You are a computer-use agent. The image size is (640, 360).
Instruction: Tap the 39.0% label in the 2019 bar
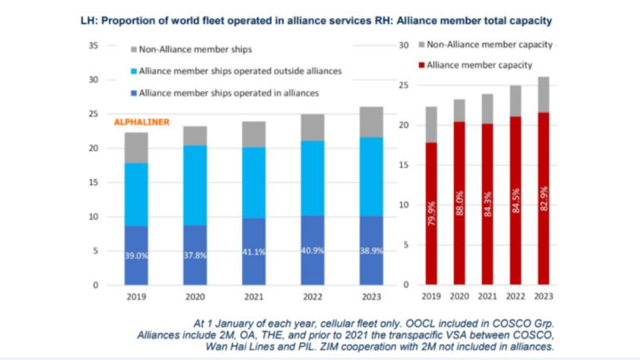point(137,256)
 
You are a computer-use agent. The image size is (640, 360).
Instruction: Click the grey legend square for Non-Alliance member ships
point(134,49)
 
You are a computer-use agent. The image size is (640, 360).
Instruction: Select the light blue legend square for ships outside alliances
point(134,71)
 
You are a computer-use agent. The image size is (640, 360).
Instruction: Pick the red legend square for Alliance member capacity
point(421,66)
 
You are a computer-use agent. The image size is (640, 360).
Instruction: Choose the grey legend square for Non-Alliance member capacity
point(421,45)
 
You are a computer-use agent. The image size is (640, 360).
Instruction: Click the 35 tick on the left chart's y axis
point(93,46)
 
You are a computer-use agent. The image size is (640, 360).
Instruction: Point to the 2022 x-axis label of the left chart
point(313,297)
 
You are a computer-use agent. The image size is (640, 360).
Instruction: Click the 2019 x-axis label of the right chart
point(432,297)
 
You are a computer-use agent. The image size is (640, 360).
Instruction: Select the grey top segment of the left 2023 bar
point(372,122)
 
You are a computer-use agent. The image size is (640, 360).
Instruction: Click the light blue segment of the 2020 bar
point(196,185)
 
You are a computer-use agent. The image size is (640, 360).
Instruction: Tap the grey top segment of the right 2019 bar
point(432,124)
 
